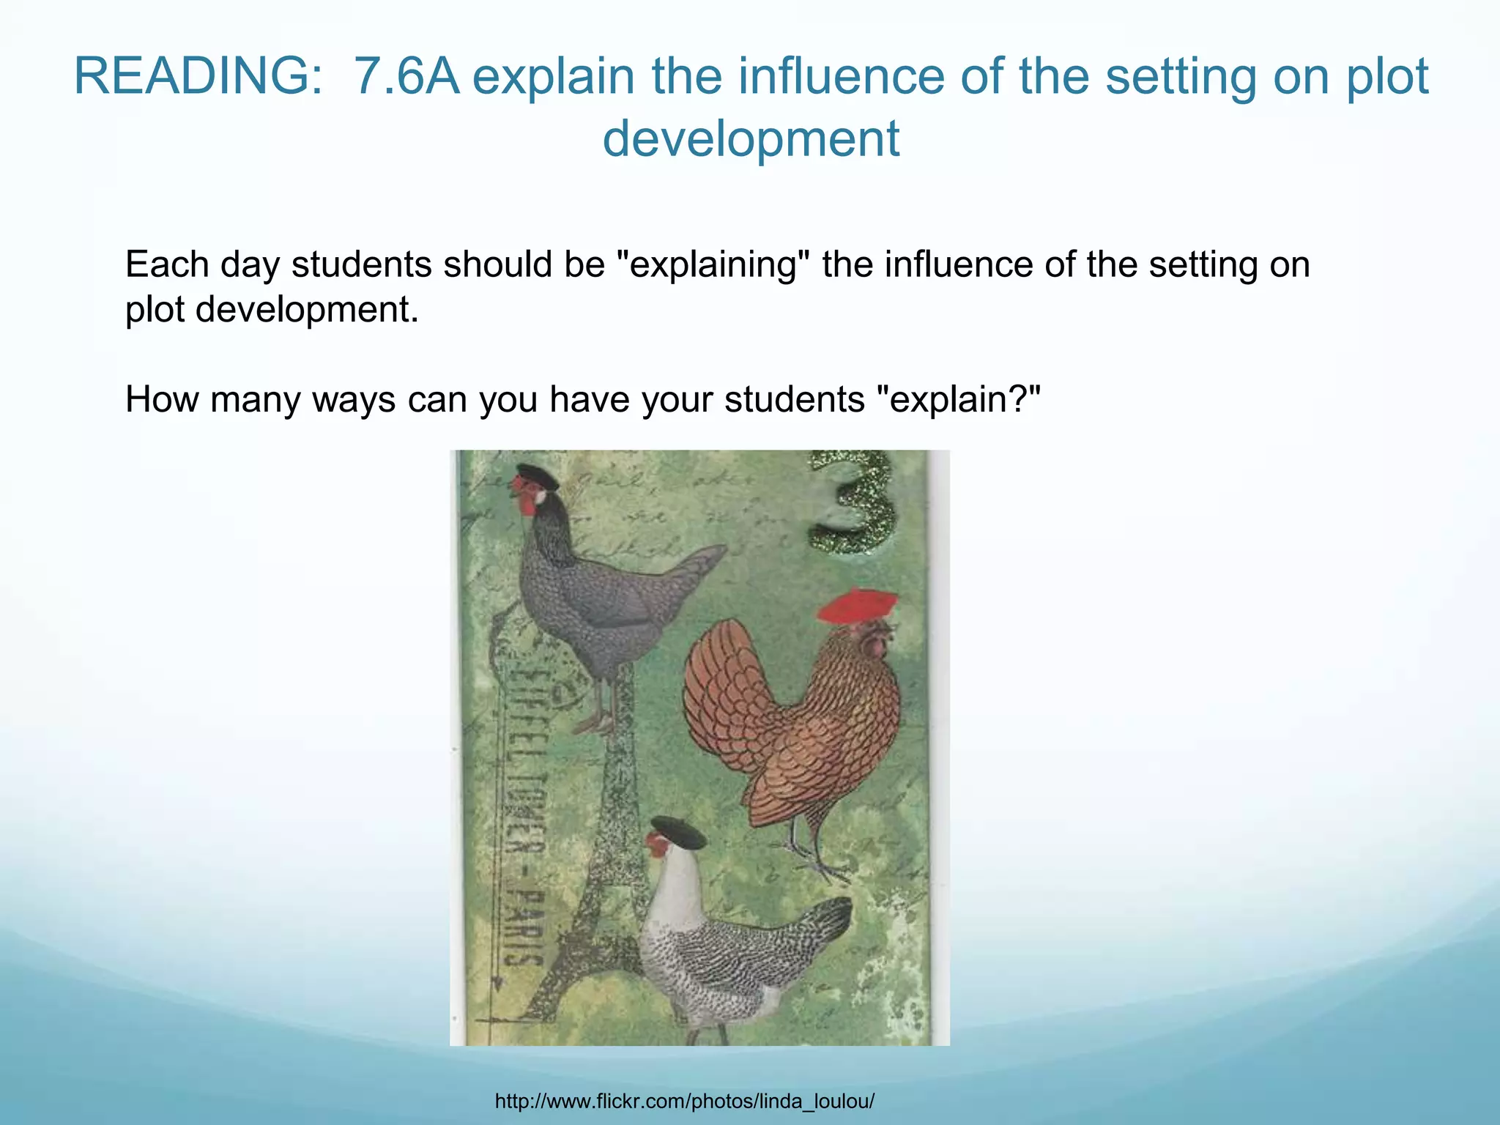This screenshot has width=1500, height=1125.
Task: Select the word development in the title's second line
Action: click(751, 138)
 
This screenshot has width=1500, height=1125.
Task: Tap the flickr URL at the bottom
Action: click(685, 1101)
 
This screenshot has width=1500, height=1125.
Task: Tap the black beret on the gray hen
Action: click(538, 476)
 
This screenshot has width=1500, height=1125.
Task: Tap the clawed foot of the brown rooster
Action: click(820, 864)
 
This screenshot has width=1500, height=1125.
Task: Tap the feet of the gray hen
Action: click(597, 725)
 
